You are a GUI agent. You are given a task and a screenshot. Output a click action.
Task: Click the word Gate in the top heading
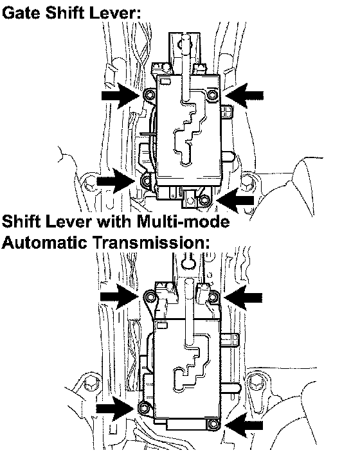click(x=22, y=13)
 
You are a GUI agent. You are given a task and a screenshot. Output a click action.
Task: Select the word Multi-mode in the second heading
click(x=183, y=222)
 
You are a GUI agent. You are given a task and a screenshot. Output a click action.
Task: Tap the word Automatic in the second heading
click(x=44, y=242)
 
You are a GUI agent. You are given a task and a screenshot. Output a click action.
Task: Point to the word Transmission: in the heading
click(x=152, y=242)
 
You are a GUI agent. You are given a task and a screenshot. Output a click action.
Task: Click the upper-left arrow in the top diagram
click(x=121, y=95)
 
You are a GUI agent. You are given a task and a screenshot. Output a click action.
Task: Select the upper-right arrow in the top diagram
click(x=244, y=95)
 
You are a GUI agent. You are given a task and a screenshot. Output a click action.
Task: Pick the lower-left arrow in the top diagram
click(x=116, y=181)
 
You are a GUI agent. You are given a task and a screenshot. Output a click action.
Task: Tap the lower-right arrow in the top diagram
click(x=235, y=201)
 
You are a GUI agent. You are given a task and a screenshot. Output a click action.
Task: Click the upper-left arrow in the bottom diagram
click(x=120, y=296)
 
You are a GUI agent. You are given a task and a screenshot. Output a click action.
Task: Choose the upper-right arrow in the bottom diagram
click(x=243, y=298)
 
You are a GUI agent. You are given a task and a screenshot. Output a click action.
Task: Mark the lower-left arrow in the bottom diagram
click(x=116, y=409)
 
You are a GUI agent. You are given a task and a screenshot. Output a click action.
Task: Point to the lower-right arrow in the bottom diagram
click(x=244, y=425)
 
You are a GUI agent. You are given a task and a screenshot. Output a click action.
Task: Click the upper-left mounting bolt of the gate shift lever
click(x=149, y=94)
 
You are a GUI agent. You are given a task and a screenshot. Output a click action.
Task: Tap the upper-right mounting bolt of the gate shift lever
click(x=213, y=94)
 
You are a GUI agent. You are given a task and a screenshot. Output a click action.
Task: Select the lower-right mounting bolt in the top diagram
click(x=204, y=200)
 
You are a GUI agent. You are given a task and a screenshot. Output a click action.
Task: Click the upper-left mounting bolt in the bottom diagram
click(x=150, y=296)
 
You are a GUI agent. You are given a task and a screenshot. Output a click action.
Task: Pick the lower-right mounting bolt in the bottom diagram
click(x=213, y=424)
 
